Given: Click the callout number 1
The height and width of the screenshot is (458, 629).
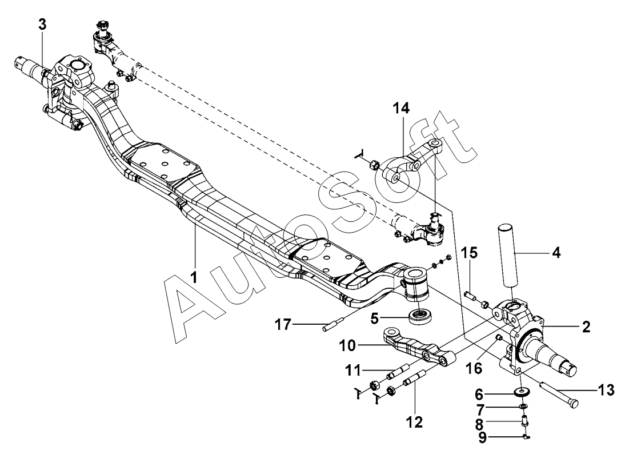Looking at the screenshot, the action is point(194,277).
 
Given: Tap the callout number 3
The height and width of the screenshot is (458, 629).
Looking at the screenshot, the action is point(42,24).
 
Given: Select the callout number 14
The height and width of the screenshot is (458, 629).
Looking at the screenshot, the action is point(401,108).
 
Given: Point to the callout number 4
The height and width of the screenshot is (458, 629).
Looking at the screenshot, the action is point(556,253).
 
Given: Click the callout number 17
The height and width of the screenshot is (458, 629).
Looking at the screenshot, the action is point(283,324).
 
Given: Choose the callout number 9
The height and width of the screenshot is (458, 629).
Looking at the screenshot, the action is point(482,437).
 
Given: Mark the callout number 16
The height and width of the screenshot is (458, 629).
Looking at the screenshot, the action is point(474,367).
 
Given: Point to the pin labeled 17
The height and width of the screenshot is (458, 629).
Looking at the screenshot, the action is point(334,325).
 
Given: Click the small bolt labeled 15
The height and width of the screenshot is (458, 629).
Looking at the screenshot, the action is point(471,297).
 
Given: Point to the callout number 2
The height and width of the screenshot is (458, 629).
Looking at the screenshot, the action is point(586,326).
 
